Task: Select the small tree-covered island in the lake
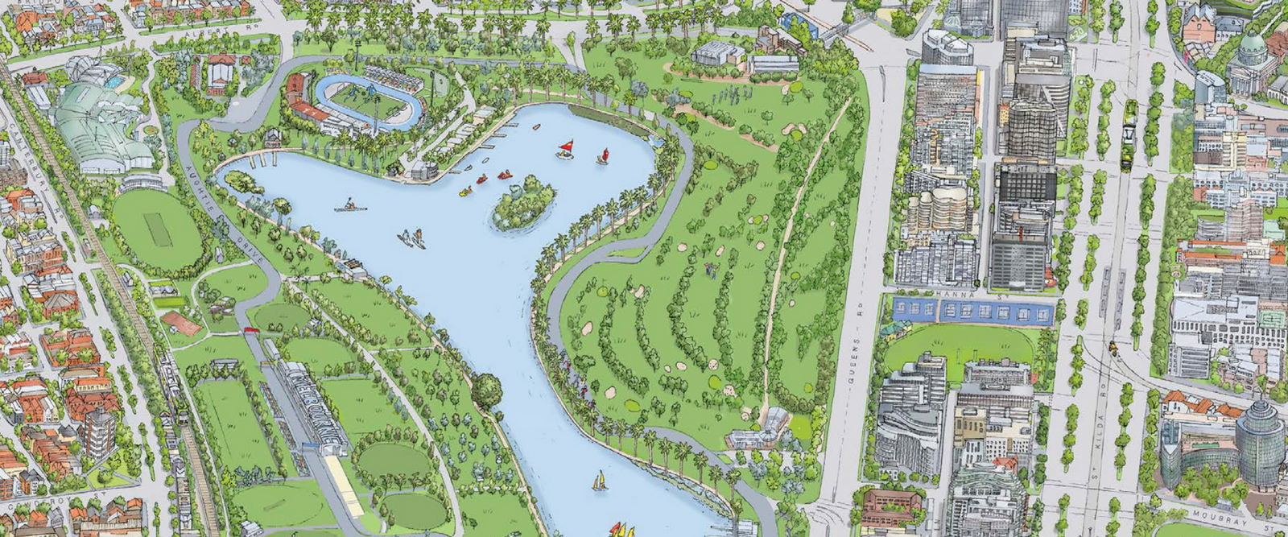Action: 523,203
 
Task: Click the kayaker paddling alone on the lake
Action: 351,205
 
